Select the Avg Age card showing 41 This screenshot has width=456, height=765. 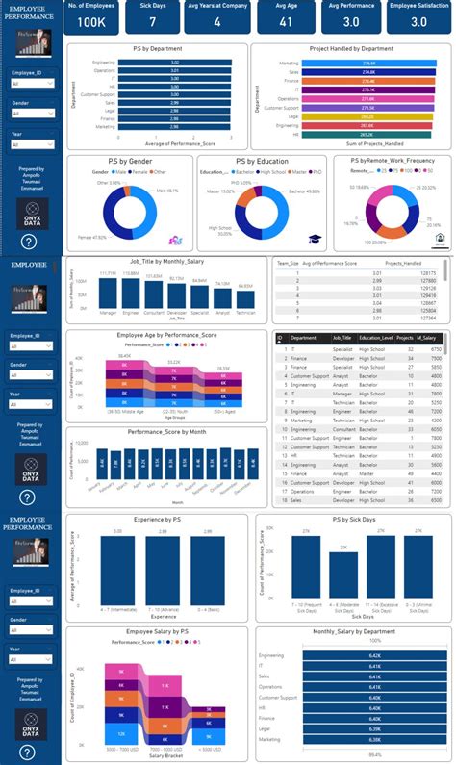click(x=286, y=21)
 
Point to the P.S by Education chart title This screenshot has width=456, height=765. click(x=267, y=162)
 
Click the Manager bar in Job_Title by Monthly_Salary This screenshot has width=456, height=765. click(x=108, y=293)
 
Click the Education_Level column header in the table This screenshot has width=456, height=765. click(x=375, y=338)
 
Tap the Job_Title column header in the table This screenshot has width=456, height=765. click(x=342, y=338)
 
